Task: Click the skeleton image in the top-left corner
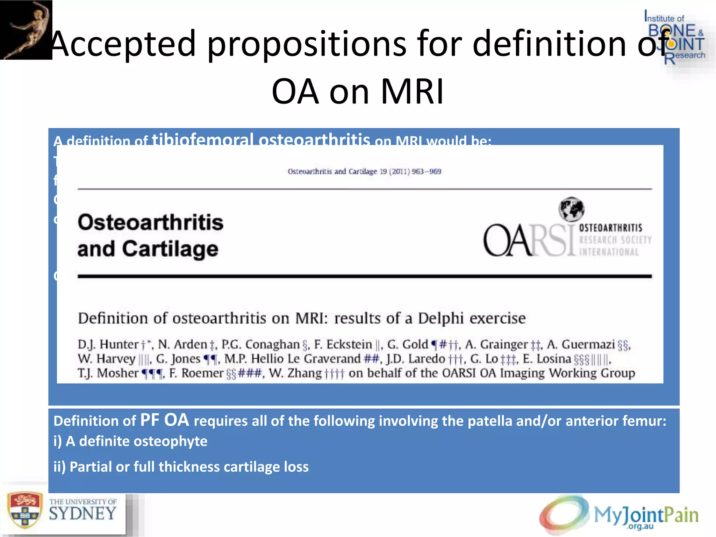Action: pos(26,30)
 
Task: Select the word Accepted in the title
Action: pos(123,43)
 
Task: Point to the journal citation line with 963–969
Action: pos(364,171)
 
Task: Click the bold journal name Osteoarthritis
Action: pos(150,222)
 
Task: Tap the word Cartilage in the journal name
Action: pos(170,249)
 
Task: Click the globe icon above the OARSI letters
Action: pos(571,209)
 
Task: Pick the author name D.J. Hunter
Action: pos(108,344)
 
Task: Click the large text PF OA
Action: pos(164,420)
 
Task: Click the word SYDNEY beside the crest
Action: pos(83,514)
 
